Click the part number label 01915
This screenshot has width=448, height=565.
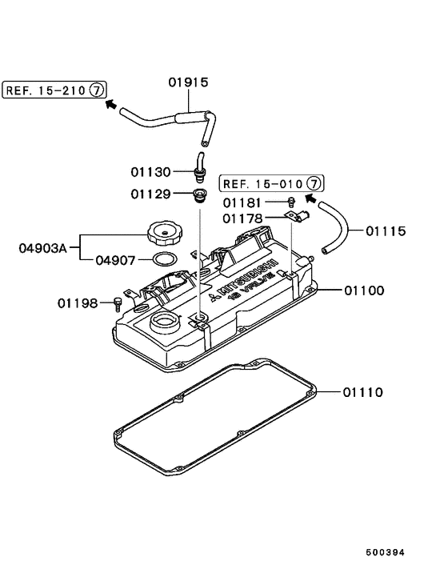point(187,82)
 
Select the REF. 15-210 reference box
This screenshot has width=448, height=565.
point(55,90)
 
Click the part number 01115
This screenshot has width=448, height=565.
point(386,231)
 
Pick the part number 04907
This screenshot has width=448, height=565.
point(117,260)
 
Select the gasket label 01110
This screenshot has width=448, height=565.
point(364,392)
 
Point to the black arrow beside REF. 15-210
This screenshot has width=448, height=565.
point(112,104)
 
